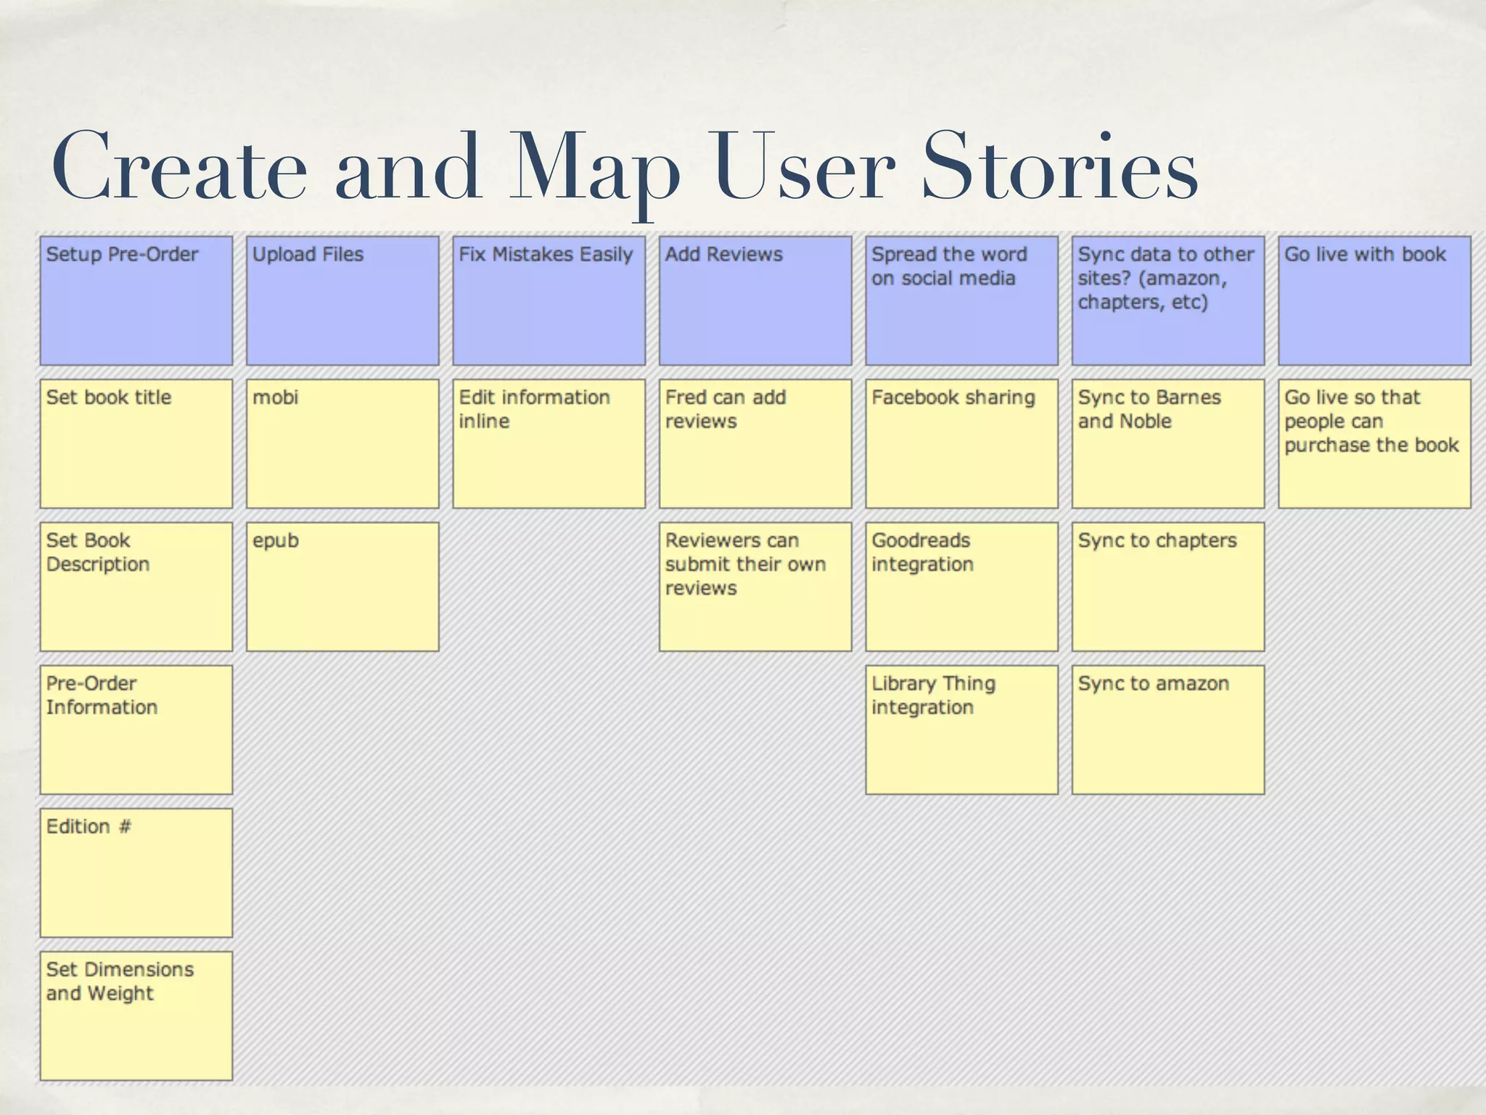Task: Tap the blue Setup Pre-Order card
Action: tap(136, 301)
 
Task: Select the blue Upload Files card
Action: tap(342, 301)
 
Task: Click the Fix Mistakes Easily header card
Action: tap(549, 301)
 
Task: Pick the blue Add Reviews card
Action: tap(755, 301)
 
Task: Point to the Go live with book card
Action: tap(1374, 301)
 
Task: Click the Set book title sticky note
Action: tap(136, 444)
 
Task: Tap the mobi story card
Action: tap(342, 444)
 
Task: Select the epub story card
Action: tap(342, 587)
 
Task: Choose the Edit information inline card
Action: tap(549, 444)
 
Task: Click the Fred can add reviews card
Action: tap(755, 444)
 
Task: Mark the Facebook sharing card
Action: tap(961, 444)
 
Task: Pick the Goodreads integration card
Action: tap(961, 587)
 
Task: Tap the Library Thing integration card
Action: tap(961, 730)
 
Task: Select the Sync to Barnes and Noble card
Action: tap(1167, 444)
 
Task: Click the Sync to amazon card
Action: tap(1167, 730)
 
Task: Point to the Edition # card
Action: tap(136, 873)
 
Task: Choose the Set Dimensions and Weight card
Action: tap(136, 1016)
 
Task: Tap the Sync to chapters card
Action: tap(1167, 587)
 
